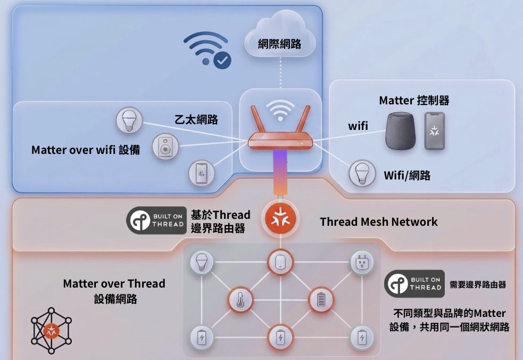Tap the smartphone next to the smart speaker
click(434, 130)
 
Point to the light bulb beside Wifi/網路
click(362, 174)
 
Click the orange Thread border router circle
click(280, 219)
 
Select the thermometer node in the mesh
click(240, 300)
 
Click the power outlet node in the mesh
click(362, 262)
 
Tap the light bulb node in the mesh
click(202, 262)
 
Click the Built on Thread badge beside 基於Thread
click(156, 220)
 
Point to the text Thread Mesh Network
click(378, 222)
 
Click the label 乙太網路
click(196, 119)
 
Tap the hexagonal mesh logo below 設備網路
click(51, 331)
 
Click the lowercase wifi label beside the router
click(358, 126)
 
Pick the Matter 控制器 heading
click(414, 100)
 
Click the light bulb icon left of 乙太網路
click(129, 120)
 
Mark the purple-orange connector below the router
click(280, 171)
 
